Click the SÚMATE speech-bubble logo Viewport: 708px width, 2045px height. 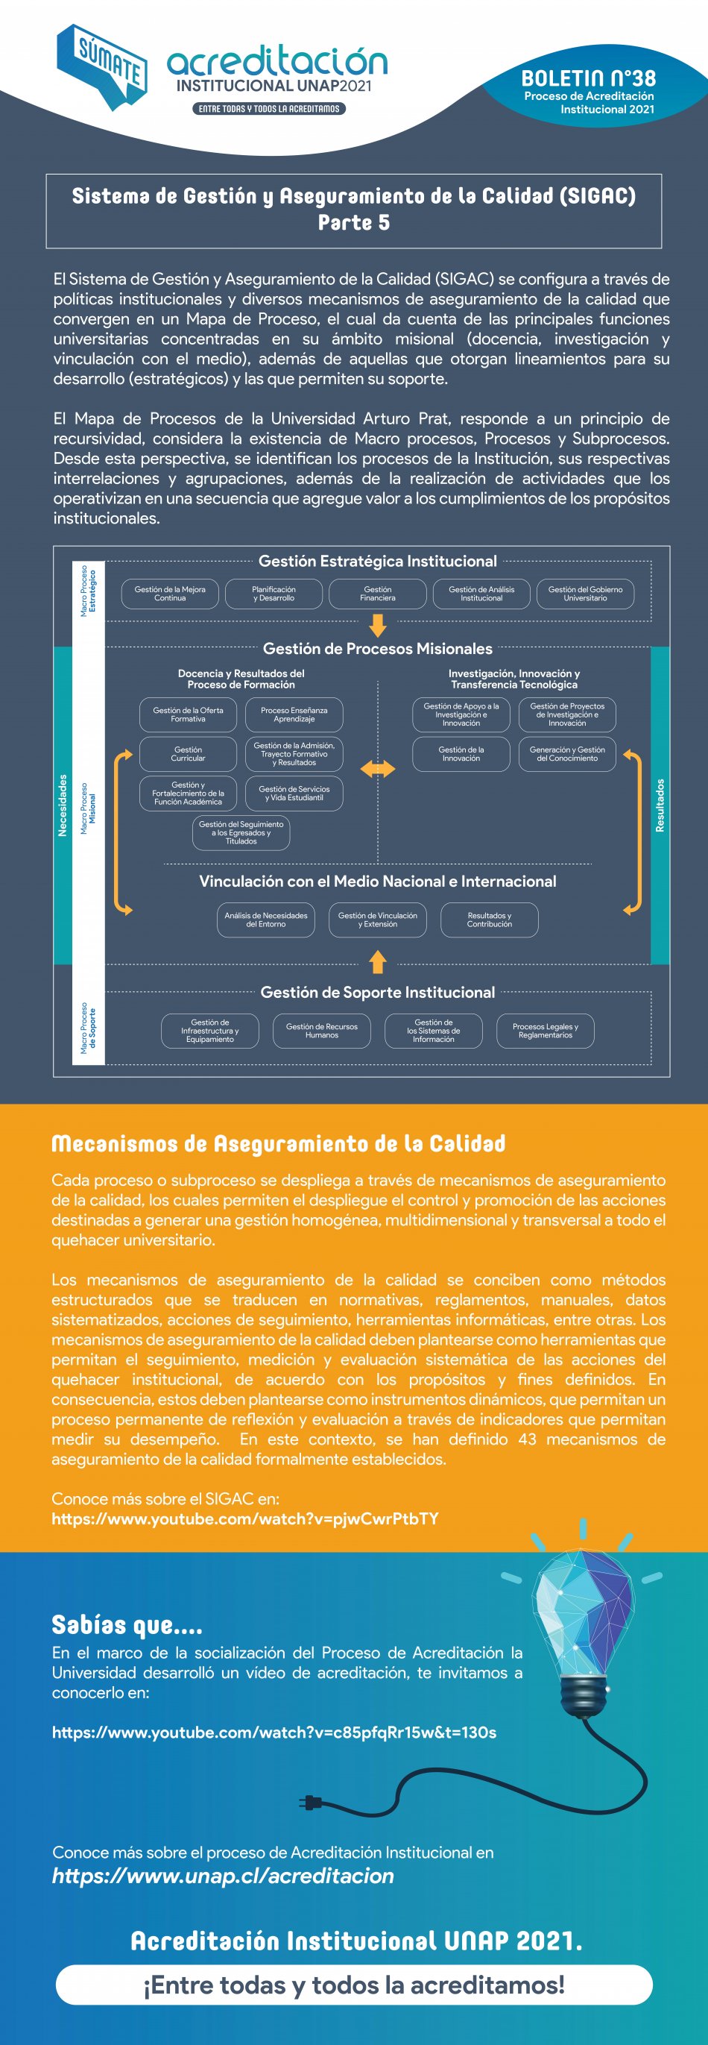click(101, 66)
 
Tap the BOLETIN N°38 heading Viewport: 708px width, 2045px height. click(588, 78)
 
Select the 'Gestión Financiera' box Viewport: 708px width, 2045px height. click(377, 594)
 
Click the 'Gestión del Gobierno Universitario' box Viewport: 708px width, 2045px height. click(585, 594)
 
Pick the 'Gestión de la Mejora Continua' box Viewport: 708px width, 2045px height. click(170, 594)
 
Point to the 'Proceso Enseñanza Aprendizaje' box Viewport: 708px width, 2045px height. click(294, 714)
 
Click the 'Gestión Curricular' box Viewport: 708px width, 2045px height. click(188, 753)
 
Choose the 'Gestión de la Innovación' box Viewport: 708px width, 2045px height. click(461, 753)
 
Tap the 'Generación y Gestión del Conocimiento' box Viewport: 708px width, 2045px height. click(566, 753)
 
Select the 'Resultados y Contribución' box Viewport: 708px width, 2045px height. click(489, 920)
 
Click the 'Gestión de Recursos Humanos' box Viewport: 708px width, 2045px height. click(321, 1031)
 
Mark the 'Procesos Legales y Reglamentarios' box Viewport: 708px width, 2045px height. click(545, 1031)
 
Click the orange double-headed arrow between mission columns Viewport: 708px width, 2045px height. click(377, 769)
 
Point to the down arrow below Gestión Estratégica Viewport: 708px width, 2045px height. click(378, 626)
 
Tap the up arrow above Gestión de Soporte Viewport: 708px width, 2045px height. click(378, 962)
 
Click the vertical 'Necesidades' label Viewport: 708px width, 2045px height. click(63, 805)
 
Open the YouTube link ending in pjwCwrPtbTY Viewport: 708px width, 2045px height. click(245, 1518)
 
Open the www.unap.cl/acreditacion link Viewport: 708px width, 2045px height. click(223, 1875)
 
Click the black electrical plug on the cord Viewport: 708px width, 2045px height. click(309, 1803)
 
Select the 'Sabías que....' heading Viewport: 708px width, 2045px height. click(127, 1625)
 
